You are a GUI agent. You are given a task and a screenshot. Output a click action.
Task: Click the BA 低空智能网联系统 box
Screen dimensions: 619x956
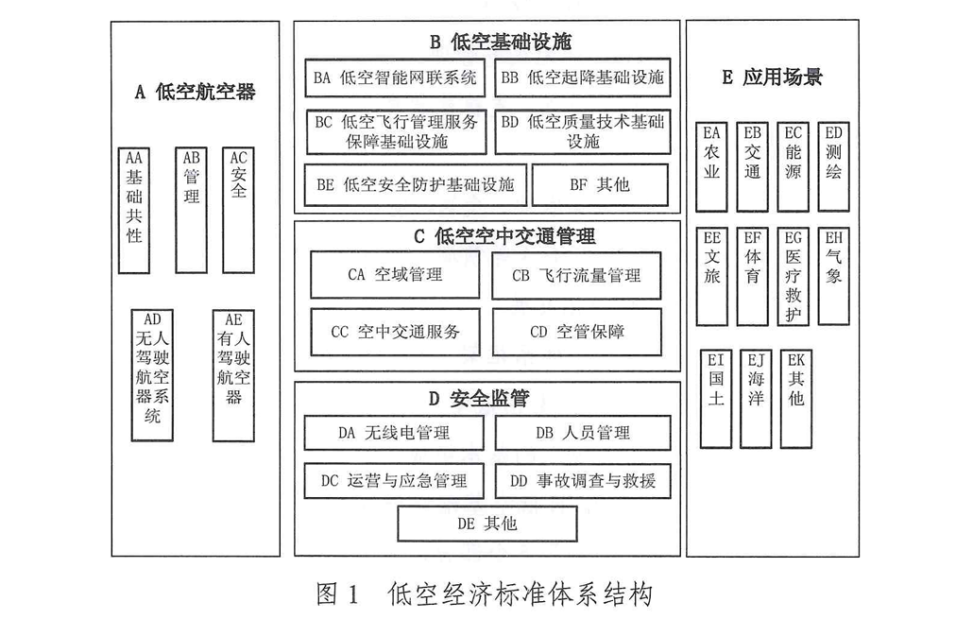395,77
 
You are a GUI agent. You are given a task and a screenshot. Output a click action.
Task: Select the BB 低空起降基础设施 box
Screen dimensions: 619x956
582,77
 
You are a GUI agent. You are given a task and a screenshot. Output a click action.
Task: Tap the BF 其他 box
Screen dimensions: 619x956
600,185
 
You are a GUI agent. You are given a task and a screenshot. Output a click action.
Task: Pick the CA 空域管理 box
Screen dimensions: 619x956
395,275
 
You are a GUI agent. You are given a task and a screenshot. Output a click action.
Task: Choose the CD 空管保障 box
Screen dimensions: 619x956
576,332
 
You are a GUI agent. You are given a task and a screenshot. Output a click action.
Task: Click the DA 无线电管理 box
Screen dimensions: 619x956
393,433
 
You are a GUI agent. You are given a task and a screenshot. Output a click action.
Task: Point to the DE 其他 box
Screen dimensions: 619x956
487,524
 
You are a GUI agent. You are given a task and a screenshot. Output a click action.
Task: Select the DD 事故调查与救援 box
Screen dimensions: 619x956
582,480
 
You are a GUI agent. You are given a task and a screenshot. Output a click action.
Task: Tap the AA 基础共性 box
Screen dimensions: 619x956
134,210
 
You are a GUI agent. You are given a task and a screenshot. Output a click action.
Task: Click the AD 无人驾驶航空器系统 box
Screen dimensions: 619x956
152,376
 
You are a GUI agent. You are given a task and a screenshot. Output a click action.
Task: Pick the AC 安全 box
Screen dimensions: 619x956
239,210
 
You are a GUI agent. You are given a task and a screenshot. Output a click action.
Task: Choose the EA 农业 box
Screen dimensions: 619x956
711,166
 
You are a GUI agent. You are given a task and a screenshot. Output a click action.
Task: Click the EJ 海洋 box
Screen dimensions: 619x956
756,398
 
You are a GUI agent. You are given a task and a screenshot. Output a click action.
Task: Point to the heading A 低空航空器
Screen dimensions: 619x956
195,92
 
